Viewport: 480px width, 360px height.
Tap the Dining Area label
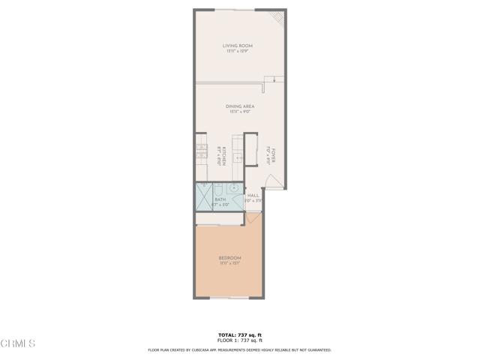pos(240,106)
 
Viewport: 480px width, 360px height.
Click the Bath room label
pos(220,199)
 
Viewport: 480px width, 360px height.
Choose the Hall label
pos(253,196)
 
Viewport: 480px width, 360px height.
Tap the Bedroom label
pos(229,258)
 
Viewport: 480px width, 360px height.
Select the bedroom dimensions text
pos(229,263)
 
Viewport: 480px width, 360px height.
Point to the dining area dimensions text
pos(240,112)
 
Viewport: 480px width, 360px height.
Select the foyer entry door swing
pos(274,181)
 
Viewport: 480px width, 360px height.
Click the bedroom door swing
pos(253,218)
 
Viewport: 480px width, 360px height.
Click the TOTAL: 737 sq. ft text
pos(240,334)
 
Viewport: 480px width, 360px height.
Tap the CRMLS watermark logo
pos(18,343)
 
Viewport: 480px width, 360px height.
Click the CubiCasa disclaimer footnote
pos(240,349)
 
